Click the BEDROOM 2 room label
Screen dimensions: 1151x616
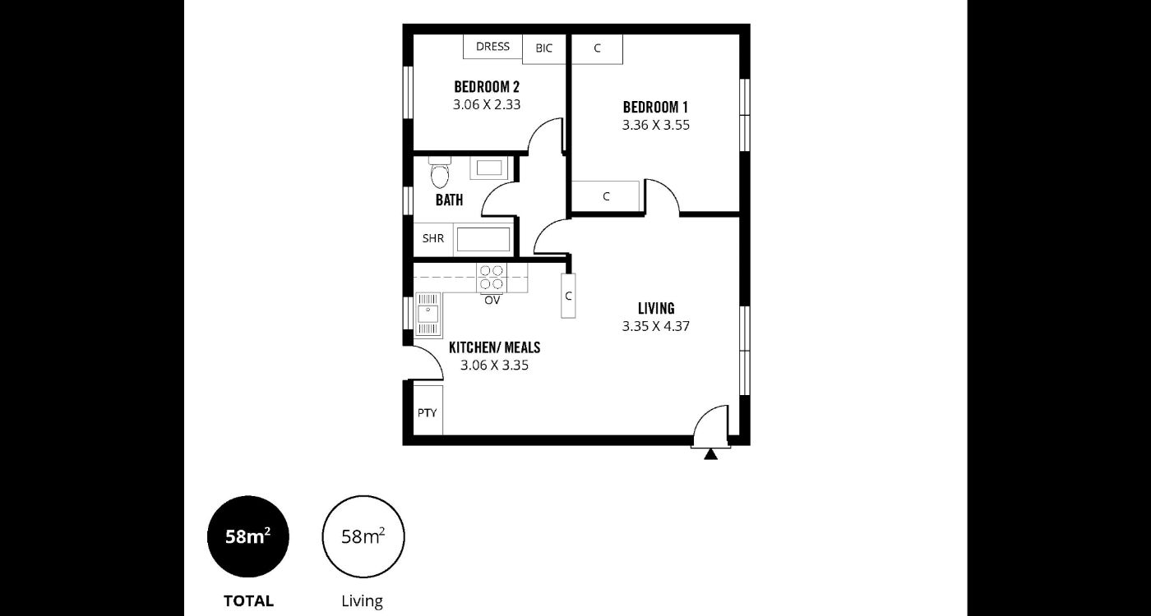487,87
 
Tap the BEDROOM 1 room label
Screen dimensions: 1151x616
655,108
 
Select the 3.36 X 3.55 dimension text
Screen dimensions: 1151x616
656,125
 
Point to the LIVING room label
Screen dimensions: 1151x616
656,308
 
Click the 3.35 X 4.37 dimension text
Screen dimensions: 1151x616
656,327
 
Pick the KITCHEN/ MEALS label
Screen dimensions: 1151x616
495,347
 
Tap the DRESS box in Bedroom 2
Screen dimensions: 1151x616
492,47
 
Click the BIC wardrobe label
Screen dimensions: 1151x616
543,48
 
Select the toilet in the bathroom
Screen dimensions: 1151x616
439,173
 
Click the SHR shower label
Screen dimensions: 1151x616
433,238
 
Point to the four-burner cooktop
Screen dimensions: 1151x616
492,278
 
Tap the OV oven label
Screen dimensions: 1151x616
492,301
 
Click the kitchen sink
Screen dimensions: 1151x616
428,315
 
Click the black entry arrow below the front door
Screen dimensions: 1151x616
710,455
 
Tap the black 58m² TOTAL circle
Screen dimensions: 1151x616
248,537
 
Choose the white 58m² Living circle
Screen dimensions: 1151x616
363,536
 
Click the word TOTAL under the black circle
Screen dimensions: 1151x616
248,601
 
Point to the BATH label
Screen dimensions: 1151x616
449,200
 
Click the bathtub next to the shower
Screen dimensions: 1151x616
483,239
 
